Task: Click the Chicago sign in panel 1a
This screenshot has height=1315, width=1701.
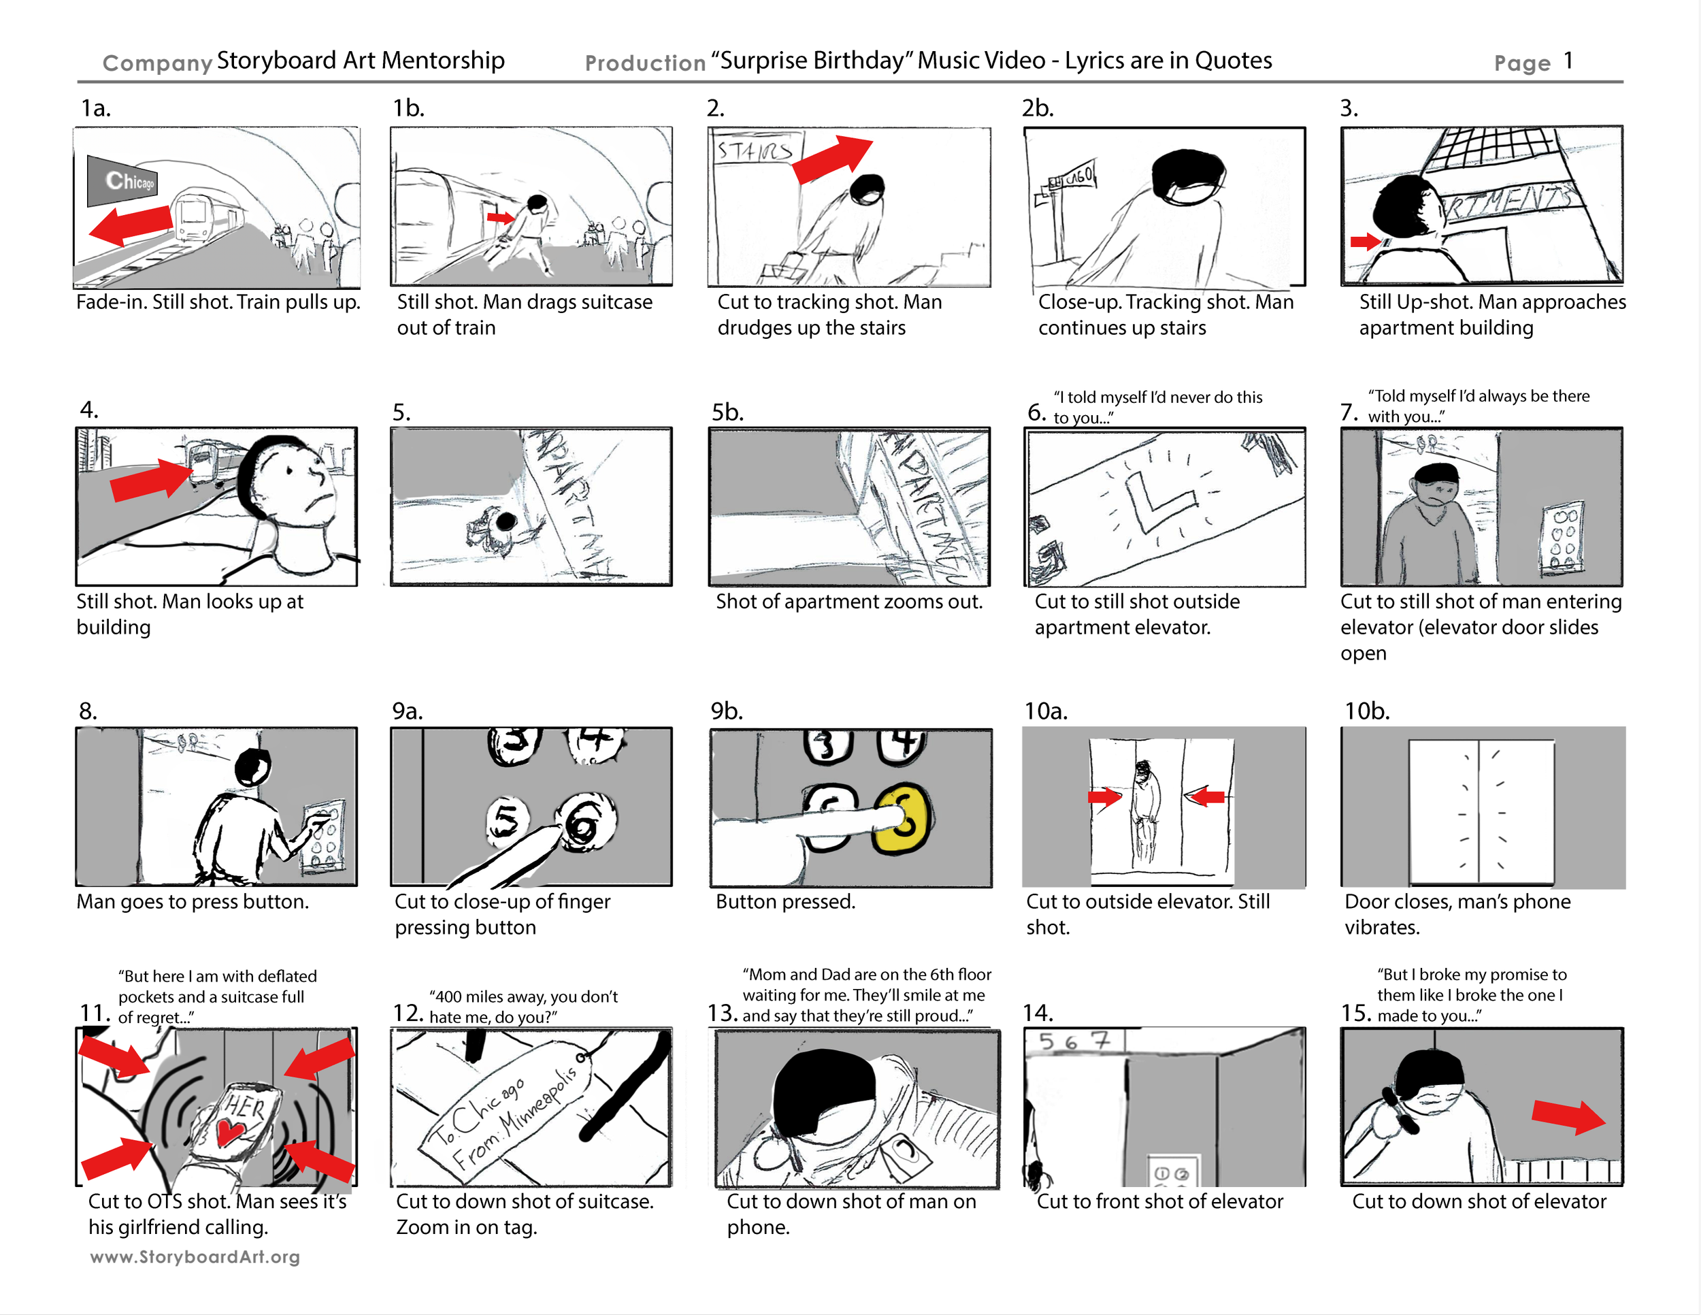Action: [x=125, y=182]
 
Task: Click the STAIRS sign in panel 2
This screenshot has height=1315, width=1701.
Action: [x=753, y=150]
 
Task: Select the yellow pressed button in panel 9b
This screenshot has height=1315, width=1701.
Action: [x=904, y=818]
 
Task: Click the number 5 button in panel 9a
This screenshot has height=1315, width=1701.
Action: [x=506, y=822]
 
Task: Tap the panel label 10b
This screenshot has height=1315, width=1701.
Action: [x=1366, y=711]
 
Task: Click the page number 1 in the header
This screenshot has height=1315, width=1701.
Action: [x=1568, y=61]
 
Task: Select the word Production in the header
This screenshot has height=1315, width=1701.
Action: [x=645, y=63]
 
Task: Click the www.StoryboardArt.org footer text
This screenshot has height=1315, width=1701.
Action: [x=195, y=1256]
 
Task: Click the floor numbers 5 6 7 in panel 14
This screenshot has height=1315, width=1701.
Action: [x=1072, y=1041]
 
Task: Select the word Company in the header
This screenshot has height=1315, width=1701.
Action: [x=157, y=63]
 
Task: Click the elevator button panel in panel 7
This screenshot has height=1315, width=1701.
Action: [x=1562, y=538]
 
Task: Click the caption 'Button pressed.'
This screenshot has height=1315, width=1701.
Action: [x=785, y=901]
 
